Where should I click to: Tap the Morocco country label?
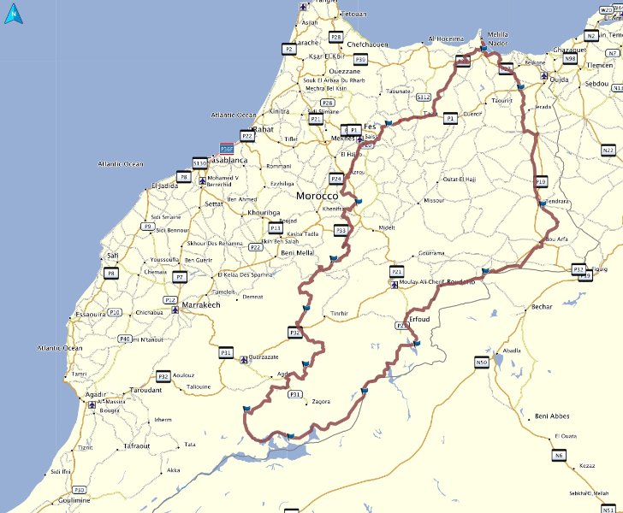click(x=318, y=196)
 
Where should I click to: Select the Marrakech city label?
click(x=201, y=304)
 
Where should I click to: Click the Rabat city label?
click(x=261, y=129)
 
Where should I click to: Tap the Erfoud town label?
click(x=419, y=319)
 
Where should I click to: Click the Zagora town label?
click(x=321, y=401)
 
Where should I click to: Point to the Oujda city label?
click(x=559, y=80)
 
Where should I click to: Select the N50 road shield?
click(x=481, y=363)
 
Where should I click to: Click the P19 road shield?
click(x=541, y=181)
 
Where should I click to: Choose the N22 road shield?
click(x=608, y=150)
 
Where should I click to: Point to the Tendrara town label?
click(x=557, y=203)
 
